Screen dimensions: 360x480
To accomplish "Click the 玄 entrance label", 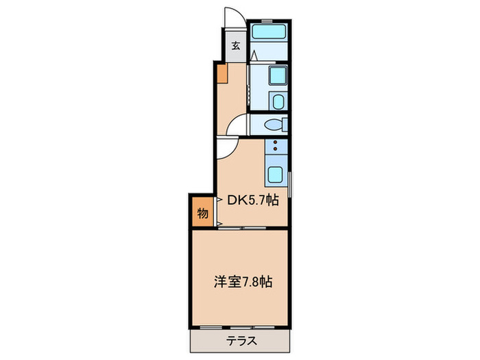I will tap(236, 47).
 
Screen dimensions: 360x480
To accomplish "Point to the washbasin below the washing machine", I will tap(277, 103).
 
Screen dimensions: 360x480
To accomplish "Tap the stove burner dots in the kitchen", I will tap(276, 146).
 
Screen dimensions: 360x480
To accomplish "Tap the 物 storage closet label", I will tap(202, 213).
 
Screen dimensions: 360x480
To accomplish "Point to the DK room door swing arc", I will tap(228, 147).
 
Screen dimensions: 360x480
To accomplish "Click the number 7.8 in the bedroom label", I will tap(259, 282).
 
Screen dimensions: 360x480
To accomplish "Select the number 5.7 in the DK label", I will tap(261, 201).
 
